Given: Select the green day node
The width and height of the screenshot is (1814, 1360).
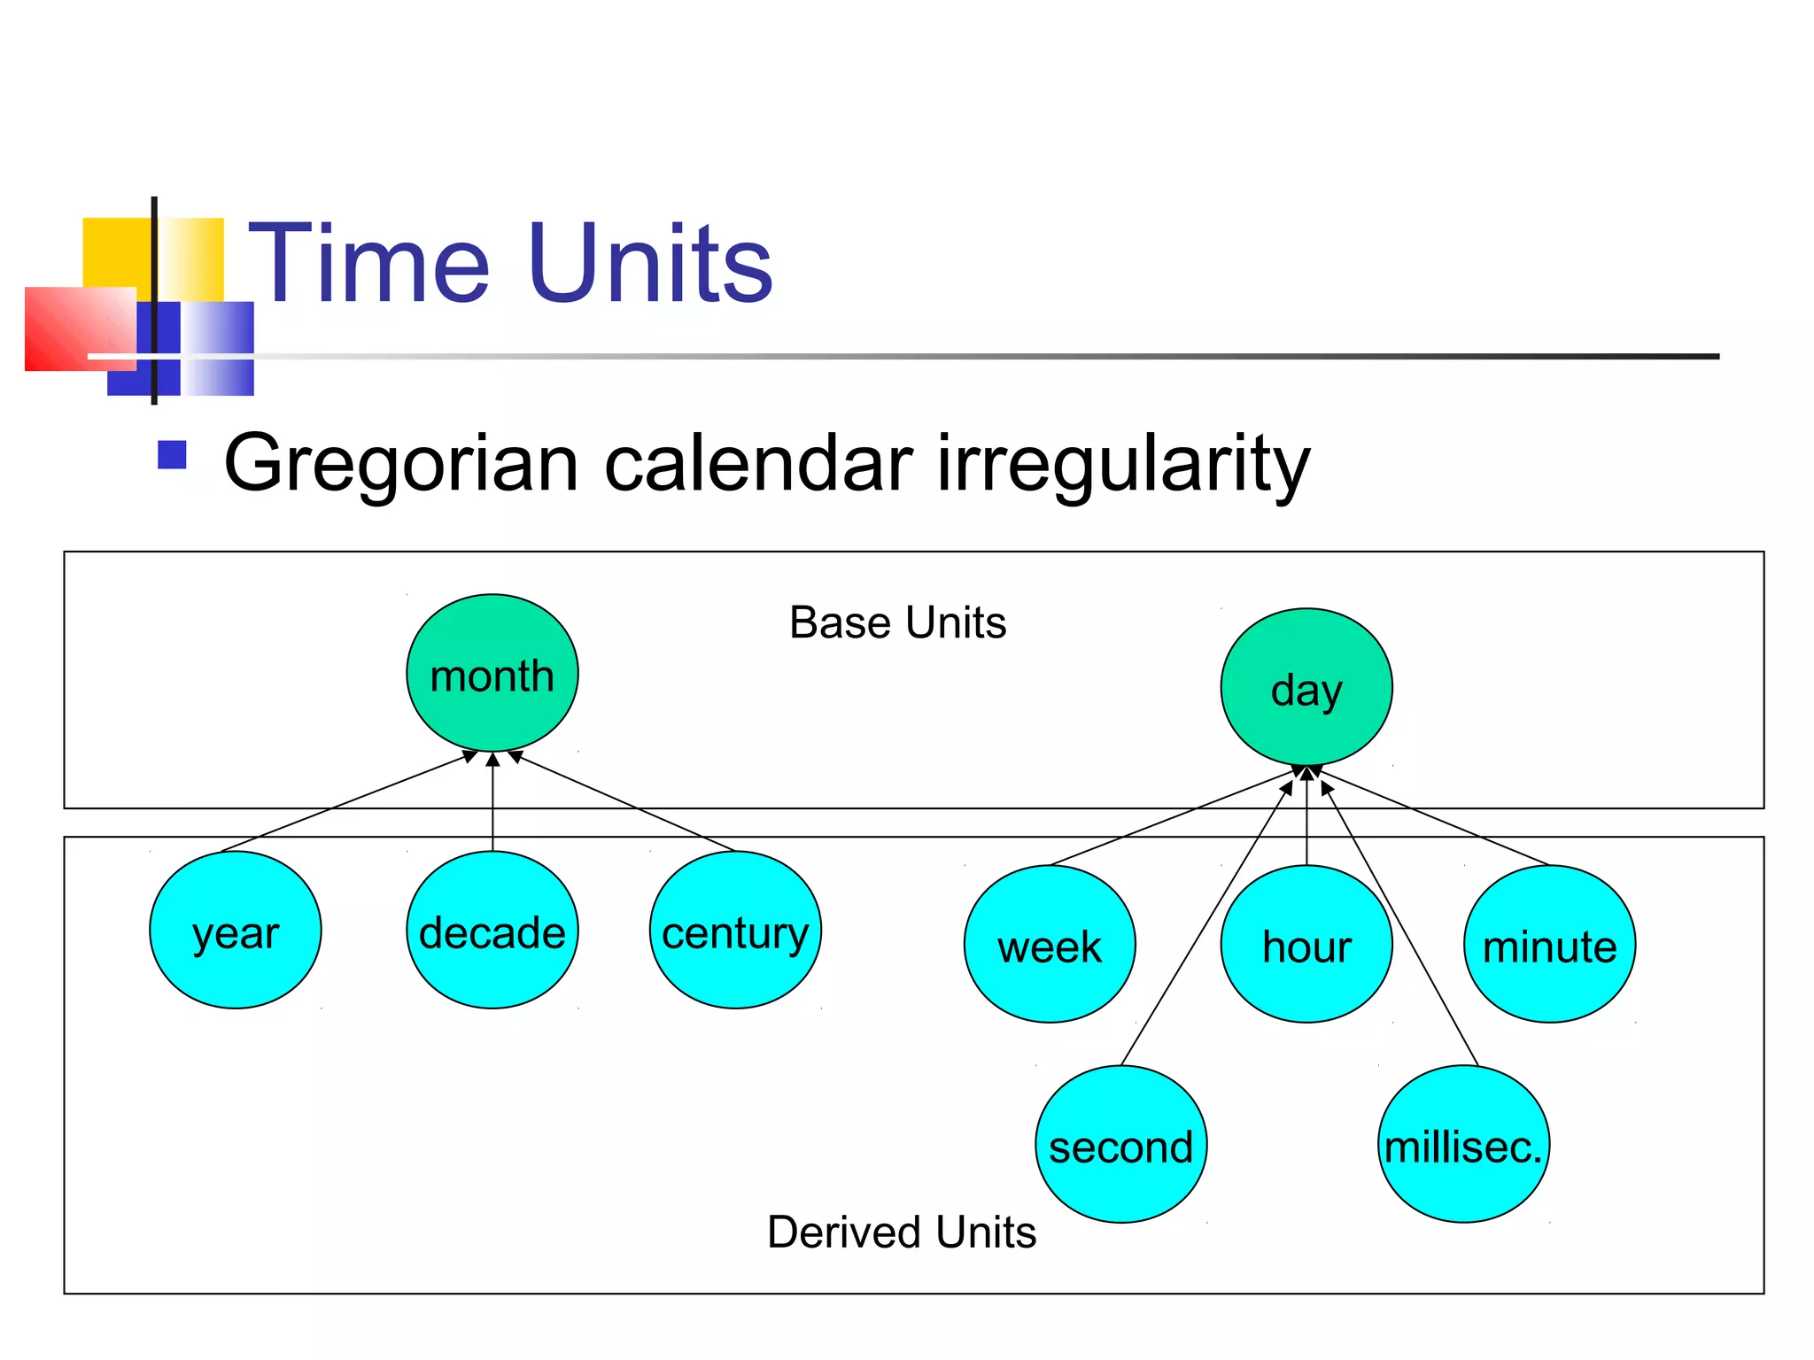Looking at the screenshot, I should pyautogui.click(x=1306, y=687).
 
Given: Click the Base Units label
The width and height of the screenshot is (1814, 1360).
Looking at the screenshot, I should pyautogui.click(x=897, y=622).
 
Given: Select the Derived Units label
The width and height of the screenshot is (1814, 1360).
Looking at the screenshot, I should pyautogui.click(x=902, y=1232).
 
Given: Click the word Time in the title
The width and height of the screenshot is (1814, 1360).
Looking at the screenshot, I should pyautogui.click(x=368, y=264).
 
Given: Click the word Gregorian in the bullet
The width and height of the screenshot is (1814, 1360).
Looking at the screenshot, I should pyautogui.click(x=401, y=464).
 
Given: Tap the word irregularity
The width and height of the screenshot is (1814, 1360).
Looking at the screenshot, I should pyautogui.click(x=1123, y=464).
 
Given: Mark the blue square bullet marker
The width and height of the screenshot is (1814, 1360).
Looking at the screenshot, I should pyautogui.click(x=172, y=455).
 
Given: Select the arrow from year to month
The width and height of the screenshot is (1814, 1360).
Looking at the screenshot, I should pyautogui.click(x=345, y=803).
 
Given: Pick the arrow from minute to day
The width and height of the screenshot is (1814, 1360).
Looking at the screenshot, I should pyautogui.click(x=1435, y=818).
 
